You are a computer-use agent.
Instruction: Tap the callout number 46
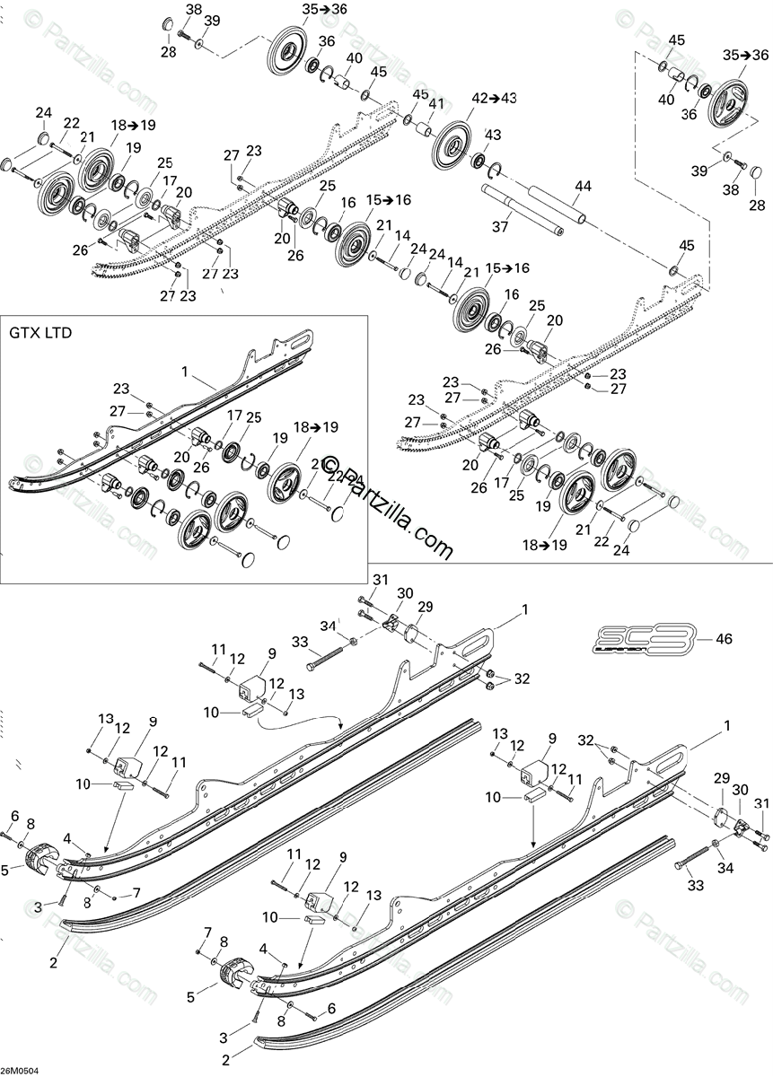click(x=723, y=639)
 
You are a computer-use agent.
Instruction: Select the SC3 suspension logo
click(x=645, y=639)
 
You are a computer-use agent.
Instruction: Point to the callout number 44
click(x=584, y=185)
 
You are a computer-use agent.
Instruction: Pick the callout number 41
click(x=436, y=103)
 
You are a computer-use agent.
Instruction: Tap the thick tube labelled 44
click(x=559, y=206)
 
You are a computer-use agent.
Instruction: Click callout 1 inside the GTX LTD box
click(x=183, y=371)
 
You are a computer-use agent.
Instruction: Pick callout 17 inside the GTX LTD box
click(x=234, y=416)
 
